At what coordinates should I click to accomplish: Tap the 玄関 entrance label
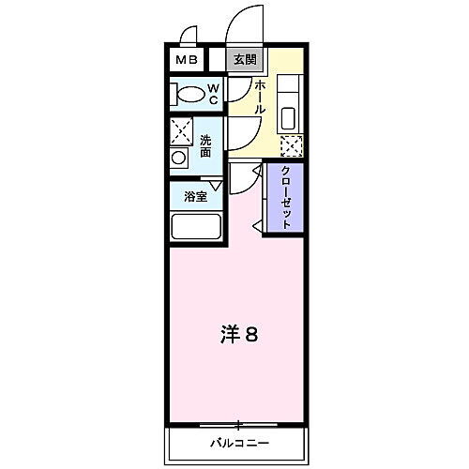(x=243, y=59)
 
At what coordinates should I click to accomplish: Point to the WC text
(x=213, y=93)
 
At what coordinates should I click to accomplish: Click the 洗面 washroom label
(x=205, y=145)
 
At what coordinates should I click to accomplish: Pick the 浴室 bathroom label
(x=195, y=197)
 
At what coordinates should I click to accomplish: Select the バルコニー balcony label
(x=238, y=442)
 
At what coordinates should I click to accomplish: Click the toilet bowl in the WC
(x=191, y=94)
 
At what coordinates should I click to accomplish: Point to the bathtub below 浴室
(x=195, y=228)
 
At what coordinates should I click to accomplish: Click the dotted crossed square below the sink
(x=292, y=146)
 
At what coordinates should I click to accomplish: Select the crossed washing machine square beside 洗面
(x=182, y=131)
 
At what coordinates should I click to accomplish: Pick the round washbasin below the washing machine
(x=179, y=157)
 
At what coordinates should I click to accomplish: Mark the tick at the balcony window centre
(x=238, y=423)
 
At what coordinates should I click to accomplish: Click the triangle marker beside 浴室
(x=217, y=186)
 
